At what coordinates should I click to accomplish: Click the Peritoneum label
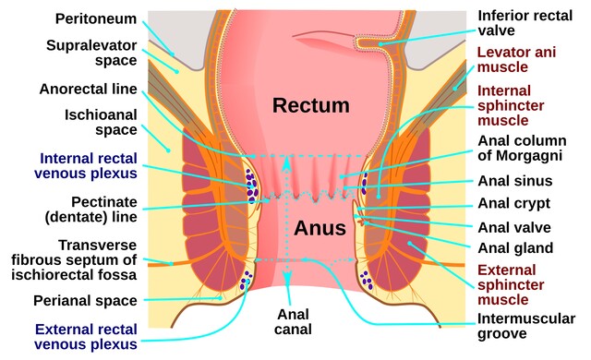(96, 18)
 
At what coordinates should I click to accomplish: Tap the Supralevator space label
(91, 53)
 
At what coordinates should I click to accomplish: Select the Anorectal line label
(89, 90)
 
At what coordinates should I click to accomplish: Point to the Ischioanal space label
(101, 122)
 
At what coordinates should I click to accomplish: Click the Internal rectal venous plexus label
(86, 166)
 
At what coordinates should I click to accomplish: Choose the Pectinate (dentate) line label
(90, 210)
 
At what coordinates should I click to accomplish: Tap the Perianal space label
(85, 301)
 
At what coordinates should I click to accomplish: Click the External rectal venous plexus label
(86, 337)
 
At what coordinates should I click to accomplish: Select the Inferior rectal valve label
(525, 23)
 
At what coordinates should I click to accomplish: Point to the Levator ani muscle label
(517, 59)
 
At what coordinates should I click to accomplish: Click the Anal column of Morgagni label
(522, 148)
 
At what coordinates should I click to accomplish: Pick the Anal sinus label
(515, 181)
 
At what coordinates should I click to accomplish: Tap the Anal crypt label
(514, 204)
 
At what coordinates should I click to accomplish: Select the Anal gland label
(515, 248)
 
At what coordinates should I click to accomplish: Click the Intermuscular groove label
(526, 326)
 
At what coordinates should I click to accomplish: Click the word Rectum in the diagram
(311, 105)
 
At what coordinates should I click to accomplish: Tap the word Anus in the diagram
(320, 228)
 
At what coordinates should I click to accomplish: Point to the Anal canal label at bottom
(293, 322)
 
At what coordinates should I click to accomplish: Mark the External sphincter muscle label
(511, 285)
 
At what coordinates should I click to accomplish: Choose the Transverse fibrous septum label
(74, 259)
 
